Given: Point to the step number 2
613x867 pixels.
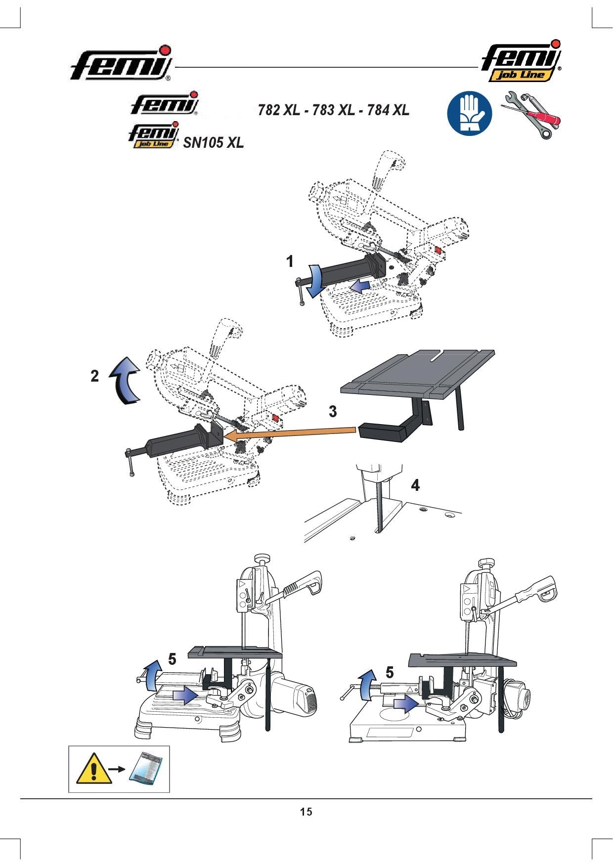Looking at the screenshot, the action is [x=95, y=376].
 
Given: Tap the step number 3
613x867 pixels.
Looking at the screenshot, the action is [x=333, y=411].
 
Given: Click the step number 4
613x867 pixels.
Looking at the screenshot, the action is [x=416, y=485].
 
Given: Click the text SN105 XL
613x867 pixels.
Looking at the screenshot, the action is [x=214, y=143].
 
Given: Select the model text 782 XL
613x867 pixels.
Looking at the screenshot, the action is [x=279, y=110].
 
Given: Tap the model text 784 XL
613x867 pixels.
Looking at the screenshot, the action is [x=389, y=110].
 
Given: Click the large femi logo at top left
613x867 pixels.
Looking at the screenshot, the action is [x=122, y=63].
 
